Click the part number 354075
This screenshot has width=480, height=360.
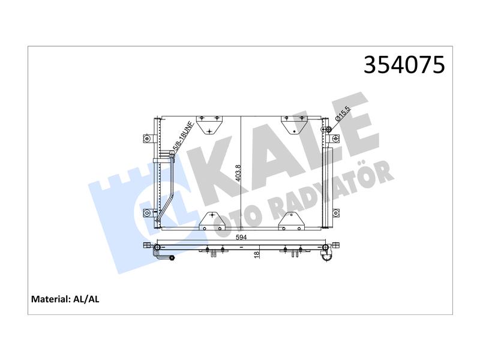(x=404, y=65)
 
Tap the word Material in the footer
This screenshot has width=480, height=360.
(x=50, y=299)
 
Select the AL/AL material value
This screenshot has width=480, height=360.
(x=86, y=299)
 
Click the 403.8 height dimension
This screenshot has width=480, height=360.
(x=238, y=173)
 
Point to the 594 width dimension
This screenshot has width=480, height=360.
(x=241, y=237)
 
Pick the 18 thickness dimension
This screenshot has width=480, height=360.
(x=257, y=253)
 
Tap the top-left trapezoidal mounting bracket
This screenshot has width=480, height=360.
(x=209, y=125)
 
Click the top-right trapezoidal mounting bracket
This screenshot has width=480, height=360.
(x=294, y=125)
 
